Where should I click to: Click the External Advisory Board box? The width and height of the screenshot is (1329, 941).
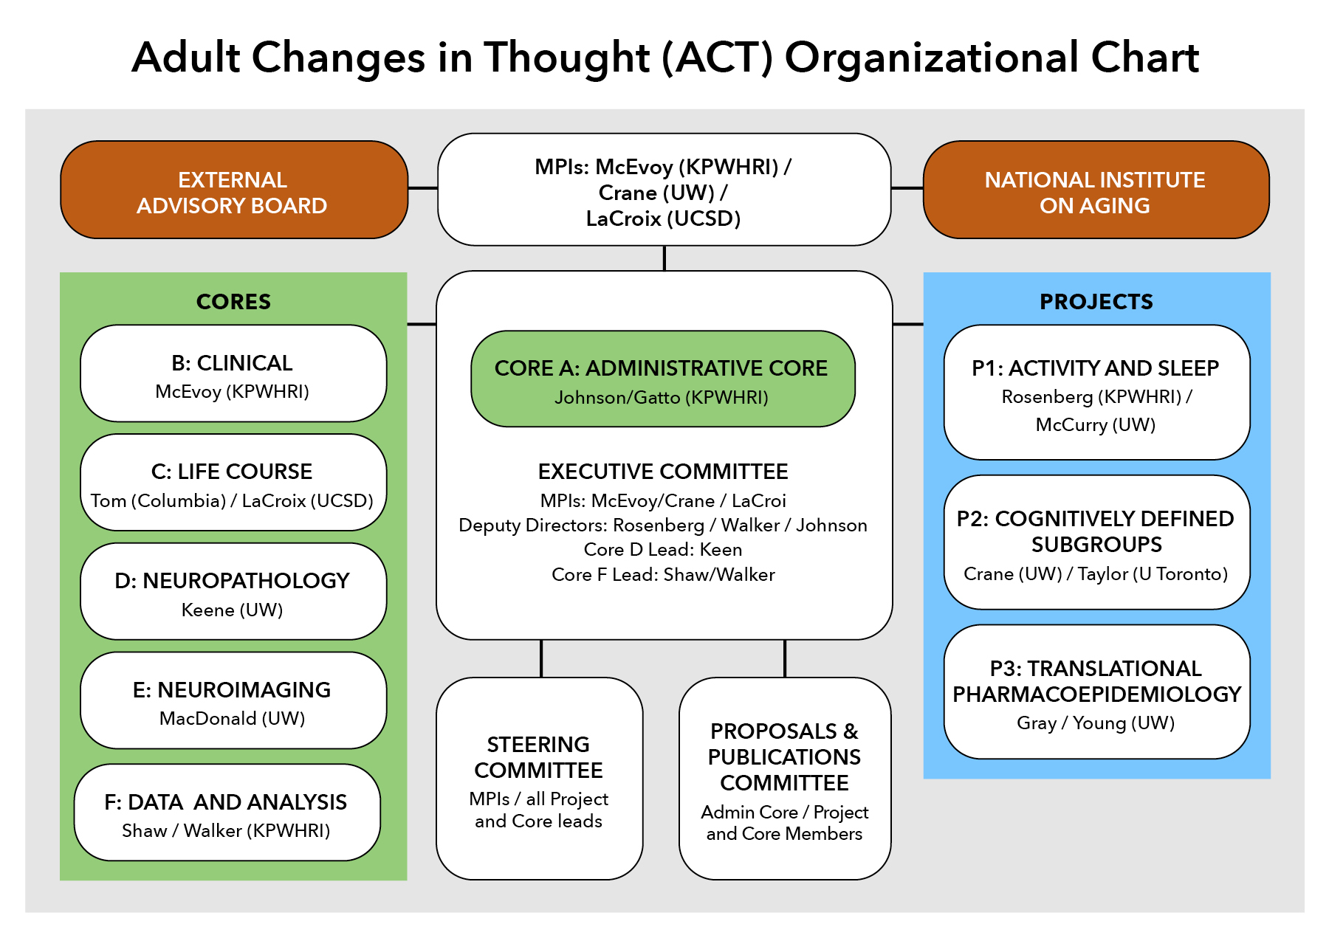pyautogui.click(x=234, y=190)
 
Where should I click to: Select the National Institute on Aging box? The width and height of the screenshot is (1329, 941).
pyautogui.click(x=1096, y=190)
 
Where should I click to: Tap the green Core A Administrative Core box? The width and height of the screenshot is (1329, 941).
pyautogui.click(x=663, y=379)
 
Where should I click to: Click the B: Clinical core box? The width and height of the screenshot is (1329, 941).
pyautogui.click(x=233, y=373)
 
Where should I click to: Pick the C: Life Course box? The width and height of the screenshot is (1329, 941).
pyautogui.click(x=233, y=482)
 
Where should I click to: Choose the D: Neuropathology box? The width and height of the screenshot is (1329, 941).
pyautogui.click(x=233, y=591)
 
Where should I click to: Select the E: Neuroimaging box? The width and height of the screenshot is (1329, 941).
pyautogui.click(x=233, y=700)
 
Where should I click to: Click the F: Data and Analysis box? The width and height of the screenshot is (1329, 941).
pyautogui.click(x=227, y=812)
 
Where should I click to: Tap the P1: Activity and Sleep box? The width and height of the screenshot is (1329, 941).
pyautogui.click(x=1097, y=393)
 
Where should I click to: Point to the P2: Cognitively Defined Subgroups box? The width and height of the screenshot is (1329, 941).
pyautogui.click(x=1097, y=542)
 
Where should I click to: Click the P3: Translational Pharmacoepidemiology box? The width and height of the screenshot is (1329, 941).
pyautogui.click(x=1097, y=692)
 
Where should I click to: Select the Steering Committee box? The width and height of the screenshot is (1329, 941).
pyautogui.click(x=540, y=779)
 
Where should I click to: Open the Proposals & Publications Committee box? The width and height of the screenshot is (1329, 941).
pyautogui.click(x=785, y=779)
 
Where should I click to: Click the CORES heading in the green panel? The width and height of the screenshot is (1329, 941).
pyautogui.click(x=233, y=302)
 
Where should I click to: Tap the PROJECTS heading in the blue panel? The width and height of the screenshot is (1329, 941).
pyautogui.click(x=1096, y=302)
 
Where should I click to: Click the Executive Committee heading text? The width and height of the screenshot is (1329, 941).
pyautogui.click(x=663, y=472)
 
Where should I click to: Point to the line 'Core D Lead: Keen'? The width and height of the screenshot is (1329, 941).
pyautogui.click(x=663, y=550)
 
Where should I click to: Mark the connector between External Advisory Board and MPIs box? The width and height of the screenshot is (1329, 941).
pyautogui.click(x=423, y=188)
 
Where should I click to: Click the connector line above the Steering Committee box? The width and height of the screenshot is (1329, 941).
pyautogui.click(x=541, y=658)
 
